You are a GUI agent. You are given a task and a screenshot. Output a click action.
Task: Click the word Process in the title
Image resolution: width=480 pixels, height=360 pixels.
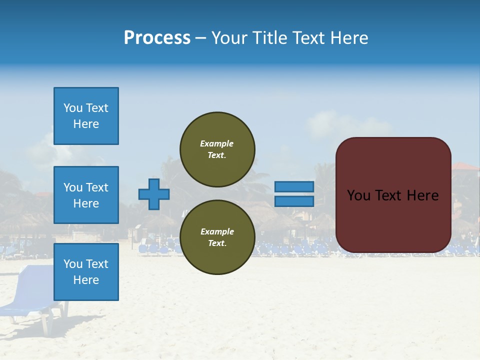(157, 37)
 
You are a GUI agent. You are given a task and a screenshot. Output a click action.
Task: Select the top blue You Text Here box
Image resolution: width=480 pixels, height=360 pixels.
(86, 116)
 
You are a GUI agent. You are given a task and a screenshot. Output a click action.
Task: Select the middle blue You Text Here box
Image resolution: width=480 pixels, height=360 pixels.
(86, 195)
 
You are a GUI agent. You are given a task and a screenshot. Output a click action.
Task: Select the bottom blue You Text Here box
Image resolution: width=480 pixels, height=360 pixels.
(86, 271)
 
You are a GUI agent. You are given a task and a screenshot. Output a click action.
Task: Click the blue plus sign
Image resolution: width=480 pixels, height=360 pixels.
(154, 194)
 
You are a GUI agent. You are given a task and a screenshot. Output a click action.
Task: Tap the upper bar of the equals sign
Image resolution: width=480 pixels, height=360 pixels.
(294, 186)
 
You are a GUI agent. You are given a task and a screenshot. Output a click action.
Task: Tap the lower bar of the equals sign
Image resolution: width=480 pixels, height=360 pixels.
(294, 201)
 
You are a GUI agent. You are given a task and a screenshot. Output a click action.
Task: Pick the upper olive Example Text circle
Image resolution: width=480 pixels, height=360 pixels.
(217, 149)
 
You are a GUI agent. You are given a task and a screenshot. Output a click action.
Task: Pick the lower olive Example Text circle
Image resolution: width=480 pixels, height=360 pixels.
(217, 237)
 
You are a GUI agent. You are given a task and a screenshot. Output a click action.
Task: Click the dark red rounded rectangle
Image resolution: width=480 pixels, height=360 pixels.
(393, 220)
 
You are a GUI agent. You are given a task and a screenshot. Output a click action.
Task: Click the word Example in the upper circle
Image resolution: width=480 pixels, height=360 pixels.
(217, 143)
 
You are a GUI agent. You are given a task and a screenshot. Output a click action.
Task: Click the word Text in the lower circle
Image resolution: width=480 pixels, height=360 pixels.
(217, 243)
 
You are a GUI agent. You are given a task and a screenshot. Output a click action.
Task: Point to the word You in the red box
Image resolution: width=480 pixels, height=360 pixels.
(358, 195)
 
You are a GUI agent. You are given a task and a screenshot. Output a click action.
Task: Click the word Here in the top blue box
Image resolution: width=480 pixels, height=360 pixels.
(86, 124)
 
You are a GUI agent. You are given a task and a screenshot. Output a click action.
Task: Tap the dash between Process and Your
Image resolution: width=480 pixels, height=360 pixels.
(200, 38)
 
